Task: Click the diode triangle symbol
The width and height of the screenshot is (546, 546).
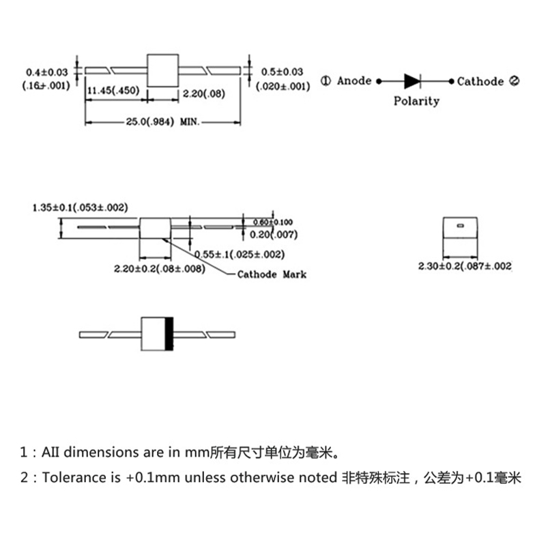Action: click(412, 81)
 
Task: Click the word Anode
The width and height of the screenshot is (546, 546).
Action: click(354, 81)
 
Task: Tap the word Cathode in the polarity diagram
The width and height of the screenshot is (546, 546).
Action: click(480, 81)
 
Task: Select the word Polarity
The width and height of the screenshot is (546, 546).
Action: click(416, 101)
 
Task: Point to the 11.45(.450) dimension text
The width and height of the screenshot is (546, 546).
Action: click(113, 92)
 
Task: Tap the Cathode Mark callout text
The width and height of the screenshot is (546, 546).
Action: click(272, 274)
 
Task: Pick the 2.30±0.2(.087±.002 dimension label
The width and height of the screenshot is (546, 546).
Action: click(464, 267)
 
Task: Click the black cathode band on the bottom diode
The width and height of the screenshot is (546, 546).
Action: click(169, 334)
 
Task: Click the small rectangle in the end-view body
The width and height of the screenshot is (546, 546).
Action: click(459, 225)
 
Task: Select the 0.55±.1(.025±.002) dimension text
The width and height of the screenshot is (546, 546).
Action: click(239, 255)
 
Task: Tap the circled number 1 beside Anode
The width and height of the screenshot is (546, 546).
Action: click(326, 81)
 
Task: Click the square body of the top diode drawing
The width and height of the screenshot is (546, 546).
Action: click(163, 70)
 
